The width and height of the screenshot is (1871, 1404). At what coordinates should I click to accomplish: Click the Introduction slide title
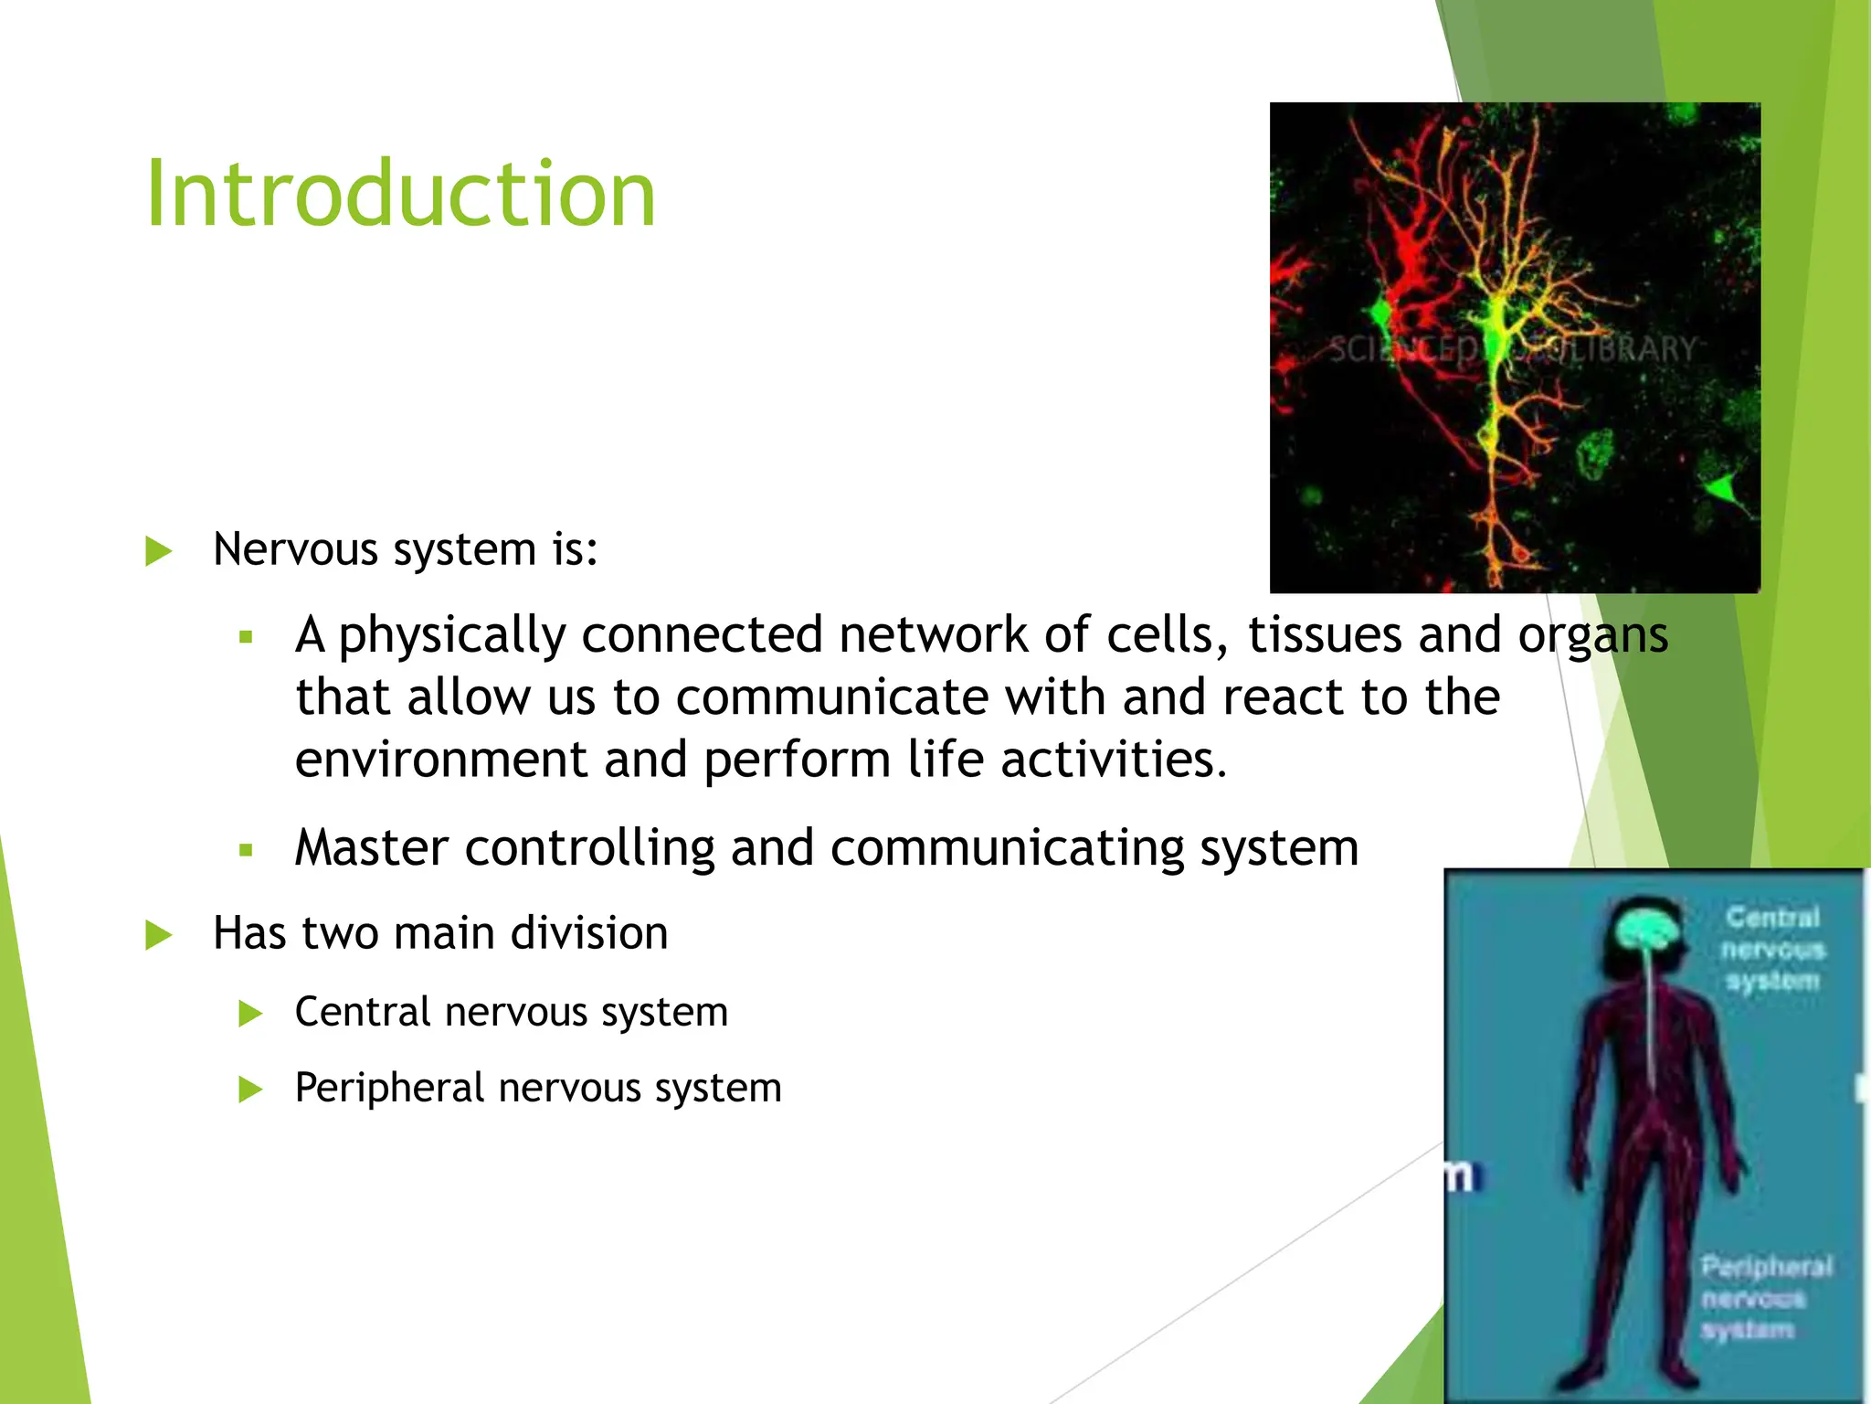pyautogui.click(x=400, y=194)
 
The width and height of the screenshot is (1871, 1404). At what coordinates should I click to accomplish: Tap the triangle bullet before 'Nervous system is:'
pyautogui.click(x=159, y=551)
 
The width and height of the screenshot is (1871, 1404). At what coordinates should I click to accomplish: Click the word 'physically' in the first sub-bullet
pyautogui.click(x=451, y=635)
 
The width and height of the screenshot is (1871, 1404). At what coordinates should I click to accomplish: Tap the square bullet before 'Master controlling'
pyautogui.click(x=245, y=850)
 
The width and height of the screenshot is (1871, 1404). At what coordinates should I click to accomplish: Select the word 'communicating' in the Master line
pyautogui.click(x=1006, y=847)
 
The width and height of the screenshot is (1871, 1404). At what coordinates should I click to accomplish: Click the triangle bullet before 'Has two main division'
pyautogui.click(x=159, y=935)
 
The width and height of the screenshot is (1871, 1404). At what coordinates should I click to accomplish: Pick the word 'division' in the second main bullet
pyautogui.click(x=589, y=933)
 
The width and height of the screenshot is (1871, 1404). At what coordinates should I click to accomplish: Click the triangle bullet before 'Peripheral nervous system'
pyautogui.click(x=250, y=1090)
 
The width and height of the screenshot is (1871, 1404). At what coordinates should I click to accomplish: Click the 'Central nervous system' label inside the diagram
pyautogui.click(x=1772, y=949)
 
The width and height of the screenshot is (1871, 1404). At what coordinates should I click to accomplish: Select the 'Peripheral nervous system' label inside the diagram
pyautogui.click(x=1765, y=1298)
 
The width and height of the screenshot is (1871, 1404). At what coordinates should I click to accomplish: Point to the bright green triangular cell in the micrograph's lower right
pyautogui.click(x=1723, y=491)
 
